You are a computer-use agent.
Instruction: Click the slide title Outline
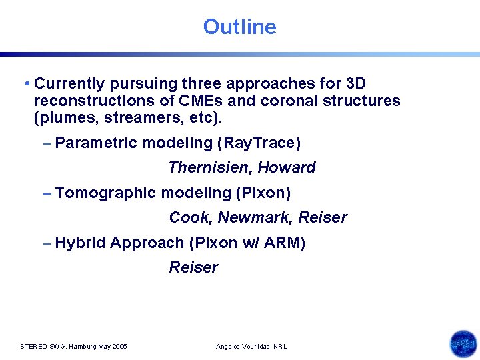point(239,27)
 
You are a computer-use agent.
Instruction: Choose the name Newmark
point(255,217)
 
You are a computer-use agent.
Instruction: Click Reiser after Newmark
point(323,217)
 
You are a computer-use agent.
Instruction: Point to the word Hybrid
point(80,243)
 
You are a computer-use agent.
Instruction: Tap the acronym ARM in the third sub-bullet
point(283,243)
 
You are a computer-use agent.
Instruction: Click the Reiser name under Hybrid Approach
point(193,267)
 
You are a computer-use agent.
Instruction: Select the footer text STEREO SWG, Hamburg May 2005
point(74,347)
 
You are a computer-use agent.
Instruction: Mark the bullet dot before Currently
point(25,85)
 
